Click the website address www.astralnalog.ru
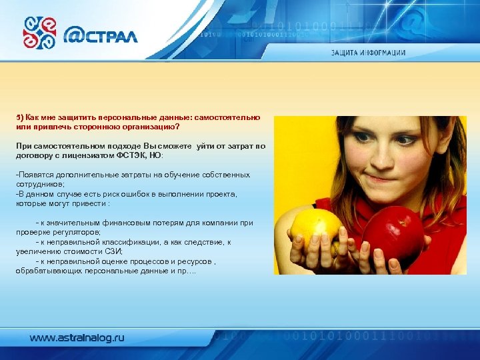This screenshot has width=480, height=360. [x=77, y=338]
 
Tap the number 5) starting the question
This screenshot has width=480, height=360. [x=20, y=117]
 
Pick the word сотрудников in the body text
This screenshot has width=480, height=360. [x=39, y=184]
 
